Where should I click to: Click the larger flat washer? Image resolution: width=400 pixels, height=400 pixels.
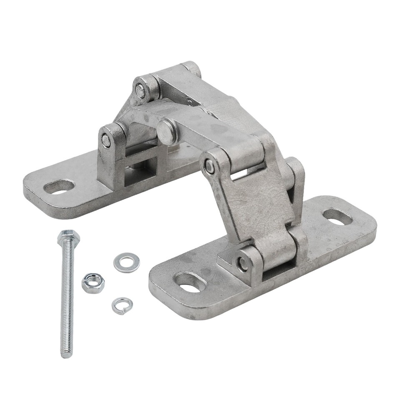(x=126, y=263)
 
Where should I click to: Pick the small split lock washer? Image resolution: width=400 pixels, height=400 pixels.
(x=122, y=305)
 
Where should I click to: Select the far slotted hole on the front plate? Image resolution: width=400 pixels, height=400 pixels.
(x=337, y=217)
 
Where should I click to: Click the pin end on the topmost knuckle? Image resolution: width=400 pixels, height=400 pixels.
(x=142, y=91)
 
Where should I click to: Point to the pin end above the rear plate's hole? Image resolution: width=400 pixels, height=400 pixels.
(x=107, y=142)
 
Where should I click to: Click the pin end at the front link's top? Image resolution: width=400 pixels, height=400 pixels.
(x=210, y=167)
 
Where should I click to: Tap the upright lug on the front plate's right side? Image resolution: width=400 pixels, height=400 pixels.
(x=297, y=183)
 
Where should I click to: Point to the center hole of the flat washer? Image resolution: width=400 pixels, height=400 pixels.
(x=126, y=263)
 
